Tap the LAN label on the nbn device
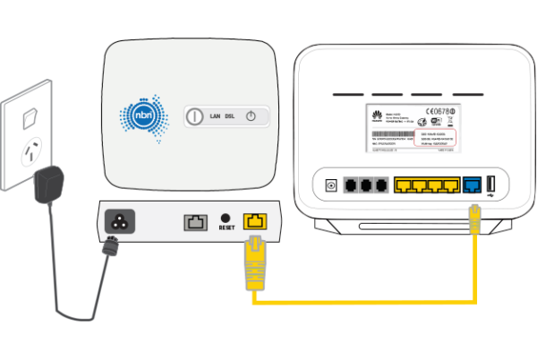(x=216, y=116)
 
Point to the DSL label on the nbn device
(x=233, y=116)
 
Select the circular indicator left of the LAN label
(x=195, y=116)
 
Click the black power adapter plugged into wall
(x=47, y=189)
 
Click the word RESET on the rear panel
(x=226, y=228)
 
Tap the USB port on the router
(x=491, y=186)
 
